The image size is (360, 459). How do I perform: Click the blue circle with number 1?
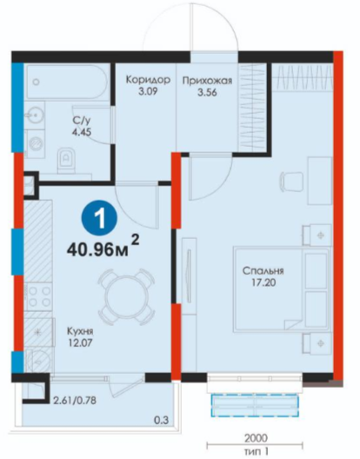(99, 218)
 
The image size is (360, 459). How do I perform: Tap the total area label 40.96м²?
(103, 247)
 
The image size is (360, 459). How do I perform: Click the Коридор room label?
(148, 79)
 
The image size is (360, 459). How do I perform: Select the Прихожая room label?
(207, 80)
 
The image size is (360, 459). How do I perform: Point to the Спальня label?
(263, 270)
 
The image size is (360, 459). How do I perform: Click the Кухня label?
(80, 331)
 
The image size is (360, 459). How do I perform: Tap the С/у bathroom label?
(82, 120)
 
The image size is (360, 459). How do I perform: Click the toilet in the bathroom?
(66, 160)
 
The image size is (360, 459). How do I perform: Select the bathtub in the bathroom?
(68, 82)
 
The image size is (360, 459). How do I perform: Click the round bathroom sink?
(34, 116)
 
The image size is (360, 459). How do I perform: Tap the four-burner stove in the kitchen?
(38, 296)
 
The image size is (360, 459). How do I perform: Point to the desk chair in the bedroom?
(292, 182)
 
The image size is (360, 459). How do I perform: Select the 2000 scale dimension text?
(256, 438)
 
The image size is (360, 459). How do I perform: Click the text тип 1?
(256, 452)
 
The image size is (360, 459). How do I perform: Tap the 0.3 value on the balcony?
(162, 421)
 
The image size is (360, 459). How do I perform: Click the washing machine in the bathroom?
(36, 144)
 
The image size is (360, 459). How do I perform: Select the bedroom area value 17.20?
(263, 283)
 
